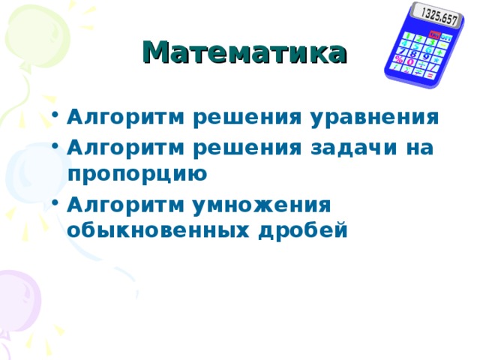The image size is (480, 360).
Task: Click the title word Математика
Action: click(244, 54)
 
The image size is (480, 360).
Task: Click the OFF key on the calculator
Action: click(445, 37)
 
